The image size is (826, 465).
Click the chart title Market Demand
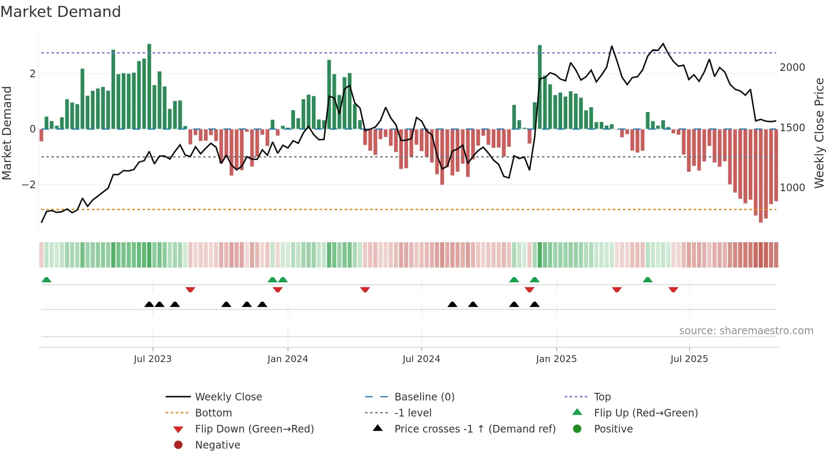(x=61, y=12)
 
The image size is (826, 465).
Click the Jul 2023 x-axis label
(x=153, y=359)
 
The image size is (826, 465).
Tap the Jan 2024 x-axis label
(x=287, y=359)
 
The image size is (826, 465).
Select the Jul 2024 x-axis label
(x=421, y=359)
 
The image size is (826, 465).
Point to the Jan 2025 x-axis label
(x=556, y=359)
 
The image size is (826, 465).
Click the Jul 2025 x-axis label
(x=689, y=359)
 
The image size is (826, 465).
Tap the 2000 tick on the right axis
(x=792, y=68)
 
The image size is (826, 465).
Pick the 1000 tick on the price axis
(x=792, y=188)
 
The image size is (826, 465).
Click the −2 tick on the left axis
(x=29, y=185)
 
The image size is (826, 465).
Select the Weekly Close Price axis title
(x=819, y=133)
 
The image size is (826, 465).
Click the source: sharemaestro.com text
(x=746, y=331)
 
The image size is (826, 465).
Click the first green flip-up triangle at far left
(x=46, y=280)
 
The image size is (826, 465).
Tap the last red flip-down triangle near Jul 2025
(x=673, y=289)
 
